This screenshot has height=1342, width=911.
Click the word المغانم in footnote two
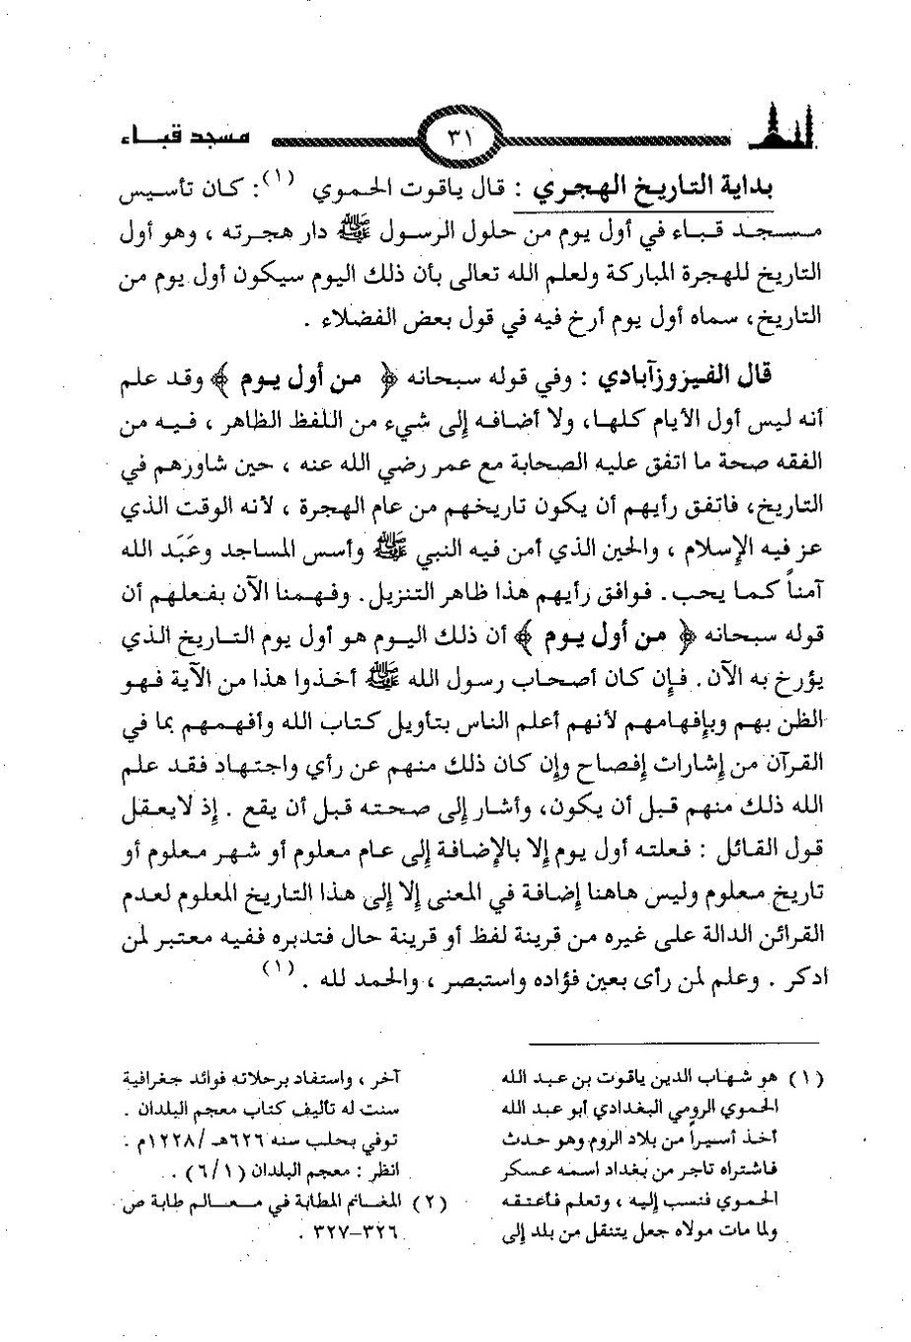pyautogui.click(x=383, y=1204)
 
